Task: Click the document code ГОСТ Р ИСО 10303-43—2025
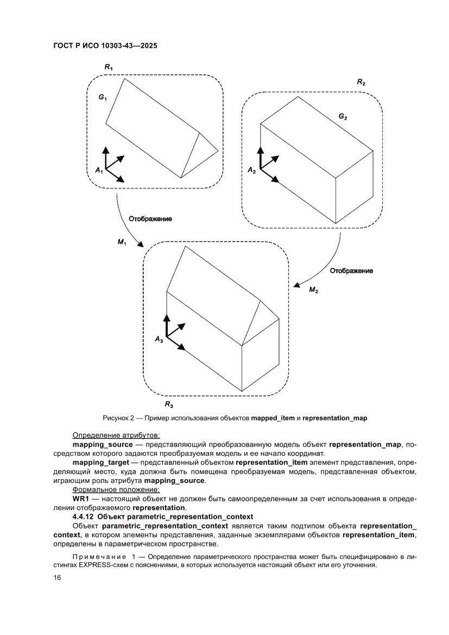(x=105, y=46)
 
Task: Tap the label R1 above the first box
(x=109, y=67)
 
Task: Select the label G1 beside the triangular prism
(x=103, y=97)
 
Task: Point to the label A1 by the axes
(x=99, y=170)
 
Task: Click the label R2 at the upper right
(x=361, y=82)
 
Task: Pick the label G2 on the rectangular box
(x=343, y=117)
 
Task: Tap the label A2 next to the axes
(x=251, y=170)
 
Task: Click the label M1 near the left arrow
(x=122, y=242)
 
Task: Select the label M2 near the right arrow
(x=313, y=290)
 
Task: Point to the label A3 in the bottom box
(x=159, y=339)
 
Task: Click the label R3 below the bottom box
(x=169, y=405)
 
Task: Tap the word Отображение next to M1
(x=150, y=218)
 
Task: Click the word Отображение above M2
(x=352, y=271)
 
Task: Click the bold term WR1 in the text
(x=82, y=499)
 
